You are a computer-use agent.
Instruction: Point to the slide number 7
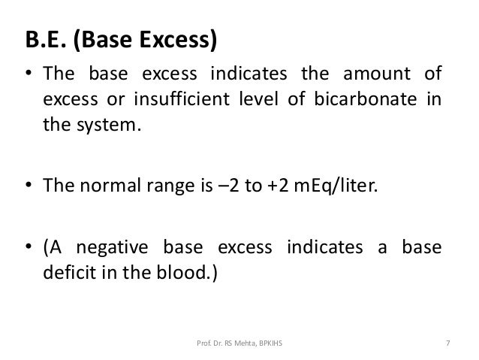447,344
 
